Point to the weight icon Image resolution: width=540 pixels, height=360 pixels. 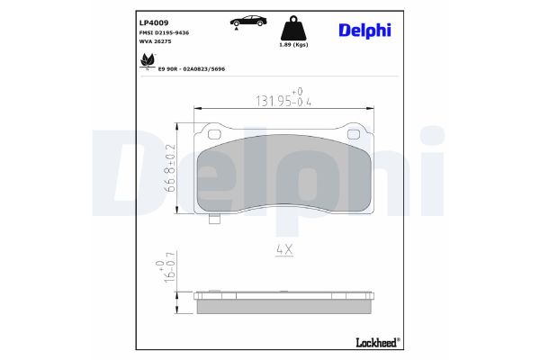(x=293, y=27)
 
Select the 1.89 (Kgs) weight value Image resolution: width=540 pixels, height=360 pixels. (x=293, y=45)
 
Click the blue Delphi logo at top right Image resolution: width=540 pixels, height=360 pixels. (x=364, y=29)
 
